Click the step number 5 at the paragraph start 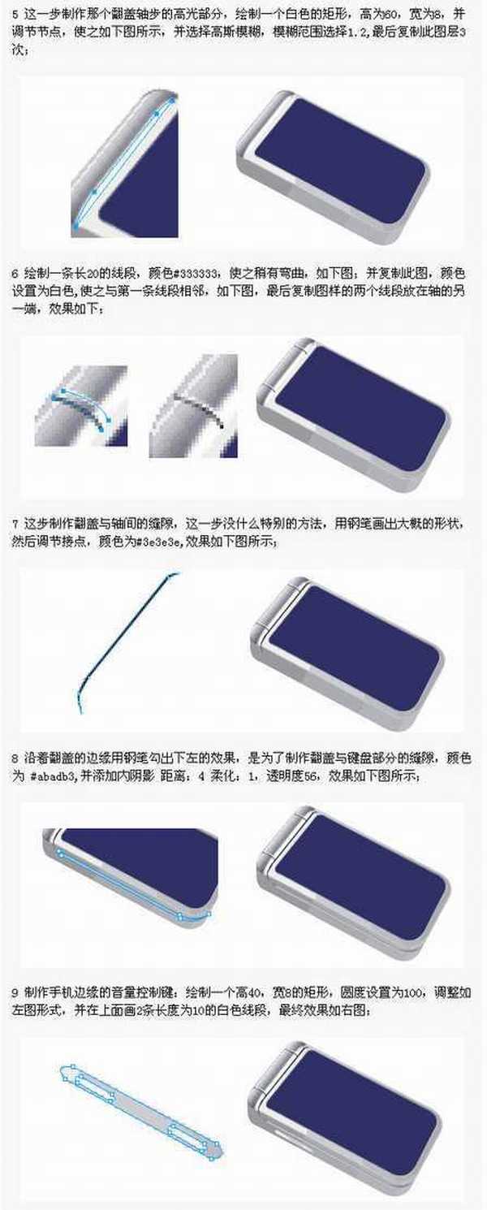tap(15, 14)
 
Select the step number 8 tap(15, 757)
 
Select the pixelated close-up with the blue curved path tap(81, 406)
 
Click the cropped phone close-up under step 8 tap(130, 869)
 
